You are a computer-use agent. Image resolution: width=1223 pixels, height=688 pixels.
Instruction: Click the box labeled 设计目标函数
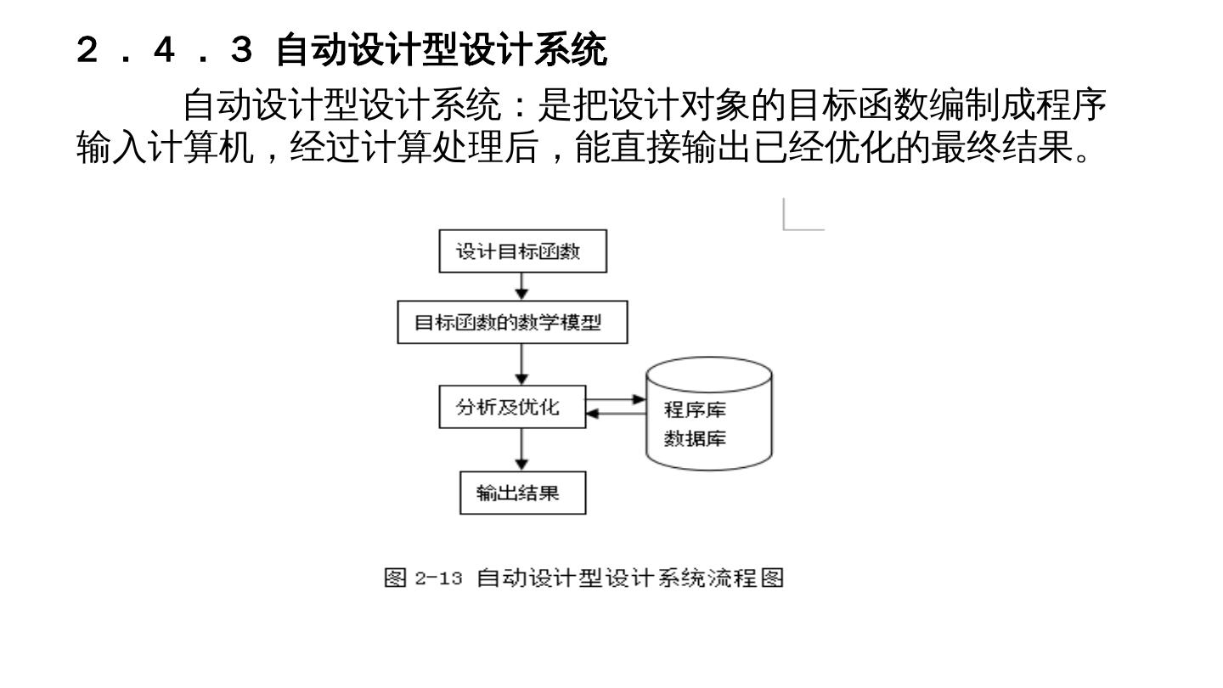(x=522, y=251)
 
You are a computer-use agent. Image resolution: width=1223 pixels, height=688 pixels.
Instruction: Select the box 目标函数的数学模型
(x=512, y=323)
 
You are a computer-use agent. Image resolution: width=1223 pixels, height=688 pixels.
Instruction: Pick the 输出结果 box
(x=522, y=493)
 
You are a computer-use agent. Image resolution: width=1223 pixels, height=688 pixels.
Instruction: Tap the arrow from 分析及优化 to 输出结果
(x=522, y=449)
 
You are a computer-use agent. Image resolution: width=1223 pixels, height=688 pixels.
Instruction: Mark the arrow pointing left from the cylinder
(x=616, y=414)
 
